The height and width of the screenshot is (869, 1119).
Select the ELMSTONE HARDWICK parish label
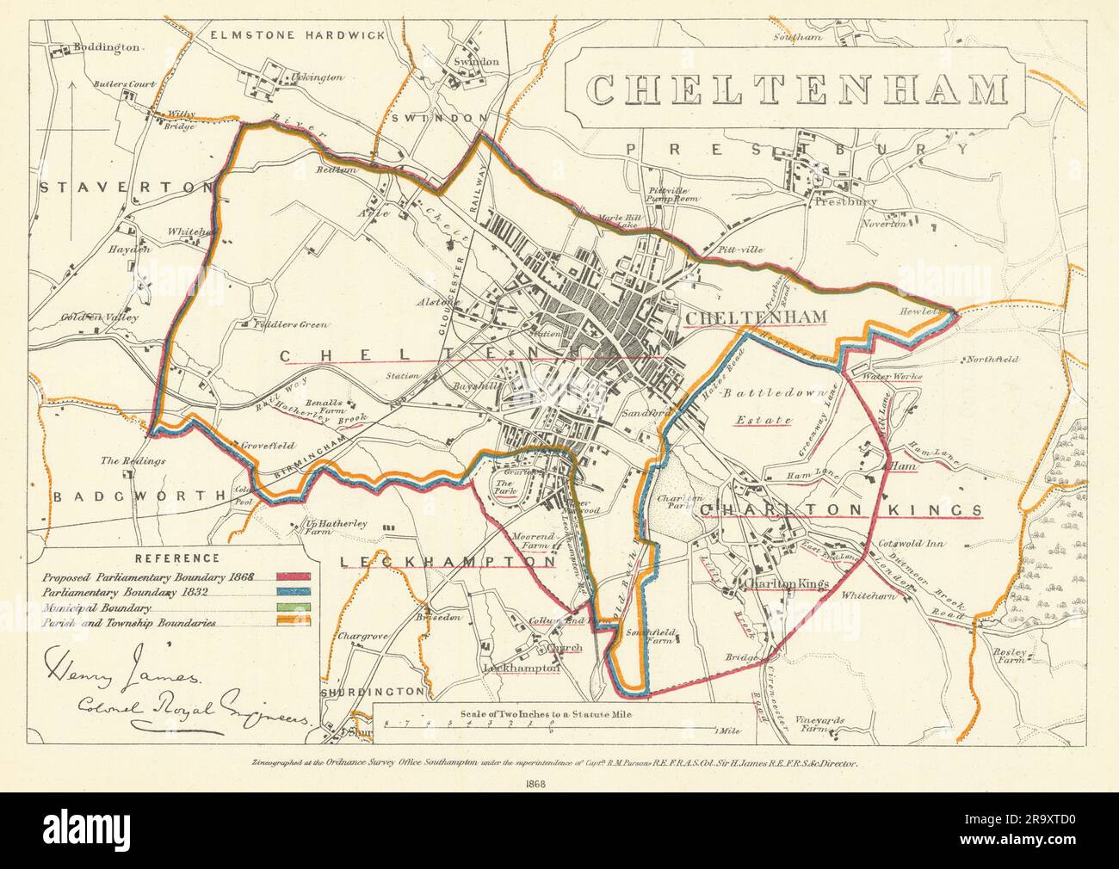pyautogui.click(x=297, y=35)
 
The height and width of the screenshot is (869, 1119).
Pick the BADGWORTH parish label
pyautogui.click(x=131, y=496)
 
